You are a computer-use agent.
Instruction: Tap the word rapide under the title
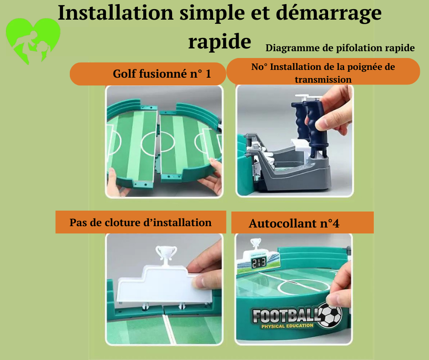[220, 42]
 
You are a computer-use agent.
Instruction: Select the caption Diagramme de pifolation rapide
[340, 48]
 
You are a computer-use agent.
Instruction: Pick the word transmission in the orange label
[323, 79]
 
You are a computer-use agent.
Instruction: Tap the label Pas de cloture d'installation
[141, 222]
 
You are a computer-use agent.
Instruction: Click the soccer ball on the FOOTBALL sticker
[330, 315]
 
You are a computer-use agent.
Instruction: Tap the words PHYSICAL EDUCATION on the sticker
[287, 326]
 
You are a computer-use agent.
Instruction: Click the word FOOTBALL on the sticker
[286, 315]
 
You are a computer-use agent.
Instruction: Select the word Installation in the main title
[115, 13]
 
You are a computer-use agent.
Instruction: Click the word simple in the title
[212, 13]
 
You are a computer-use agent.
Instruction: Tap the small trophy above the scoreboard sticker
[256, 244]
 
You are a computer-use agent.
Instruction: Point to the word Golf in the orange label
[125, 74]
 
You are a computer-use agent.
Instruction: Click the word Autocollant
[283, 223]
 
